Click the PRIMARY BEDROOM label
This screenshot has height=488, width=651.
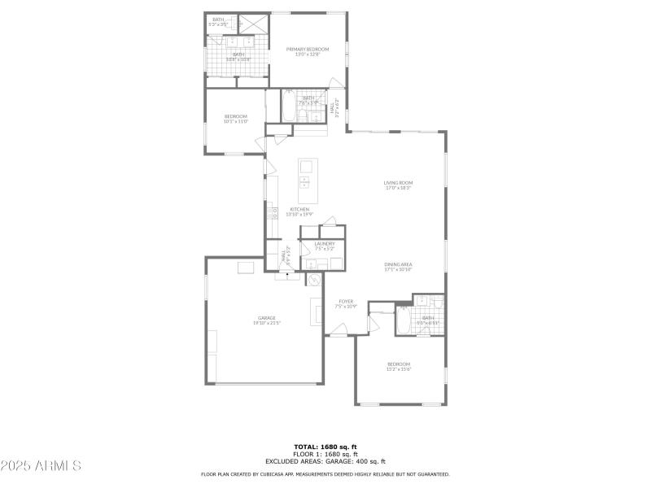click(308, 50)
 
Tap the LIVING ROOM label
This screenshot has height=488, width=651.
click(399, 182)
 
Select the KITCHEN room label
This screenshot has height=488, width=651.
click(299, 209)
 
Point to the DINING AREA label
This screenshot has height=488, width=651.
click(399, 264)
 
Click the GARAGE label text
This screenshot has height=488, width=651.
click(266, 317)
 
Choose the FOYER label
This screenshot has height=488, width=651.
click(347, 301)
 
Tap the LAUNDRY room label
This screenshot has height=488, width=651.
click(325, 243)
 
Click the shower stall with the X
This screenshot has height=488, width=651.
click(253, 24)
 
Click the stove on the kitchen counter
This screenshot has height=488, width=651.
click(271, 216)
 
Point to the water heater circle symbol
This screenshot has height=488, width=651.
click(313, 279)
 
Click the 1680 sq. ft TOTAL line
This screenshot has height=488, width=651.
click(325, 447)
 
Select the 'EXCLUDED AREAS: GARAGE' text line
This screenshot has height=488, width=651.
click(325, 461)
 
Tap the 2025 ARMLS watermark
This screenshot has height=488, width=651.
click(42, 466)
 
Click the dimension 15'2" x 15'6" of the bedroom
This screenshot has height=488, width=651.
click(399, 369)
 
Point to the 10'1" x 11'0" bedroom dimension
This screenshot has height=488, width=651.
click(236, 121)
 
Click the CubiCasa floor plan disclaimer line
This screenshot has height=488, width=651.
click(325, 474)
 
